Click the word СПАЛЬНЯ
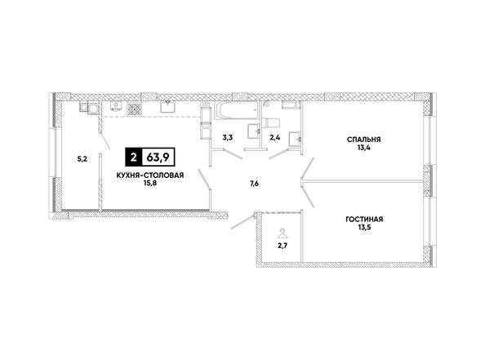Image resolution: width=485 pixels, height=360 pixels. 364,140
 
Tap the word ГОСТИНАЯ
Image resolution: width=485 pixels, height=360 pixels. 364,220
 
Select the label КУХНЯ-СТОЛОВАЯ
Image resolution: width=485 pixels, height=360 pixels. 150,176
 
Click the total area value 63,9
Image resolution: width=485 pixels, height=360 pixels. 158,158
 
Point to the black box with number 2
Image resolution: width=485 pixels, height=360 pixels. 133,158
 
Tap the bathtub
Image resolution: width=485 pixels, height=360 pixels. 237,111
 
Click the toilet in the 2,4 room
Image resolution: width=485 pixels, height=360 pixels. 270,122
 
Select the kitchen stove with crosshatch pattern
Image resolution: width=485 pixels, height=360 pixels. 134,109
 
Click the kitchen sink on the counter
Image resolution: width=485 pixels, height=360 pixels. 168,107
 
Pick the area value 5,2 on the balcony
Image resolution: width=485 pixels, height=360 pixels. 82,159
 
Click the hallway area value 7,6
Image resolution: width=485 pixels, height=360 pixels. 254,184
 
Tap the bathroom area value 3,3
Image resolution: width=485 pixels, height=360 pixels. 228,138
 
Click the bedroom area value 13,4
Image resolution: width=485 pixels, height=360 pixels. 364,148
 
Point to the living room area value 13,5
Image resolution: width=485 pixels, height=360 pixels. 364,228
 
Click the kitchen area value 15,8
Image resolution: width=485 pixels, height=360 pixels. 150,183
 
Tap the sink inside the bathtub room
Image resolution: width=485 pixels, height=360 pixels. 254,131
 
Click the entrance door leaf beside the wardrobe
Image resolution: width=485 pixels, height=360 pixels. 242,222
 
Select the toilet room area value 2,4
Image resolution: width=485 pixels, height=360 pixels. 275,138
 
